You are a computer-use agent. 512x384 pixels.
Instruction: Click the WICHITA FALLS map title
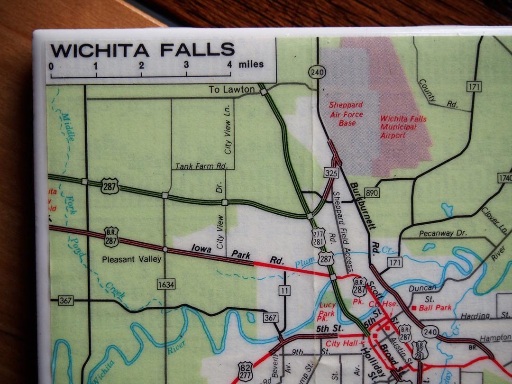point(142,50)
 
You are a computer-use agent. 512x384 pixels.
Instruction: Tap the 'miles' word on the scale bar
point(251,64)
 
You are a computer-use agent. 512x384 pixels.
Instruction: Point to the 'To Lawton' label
point(232,89)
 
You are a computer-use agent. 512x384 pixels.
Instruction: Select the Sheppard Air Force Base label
point(347,114)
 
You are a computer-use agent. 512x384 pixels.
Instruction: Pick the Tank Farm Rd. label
point(202,166)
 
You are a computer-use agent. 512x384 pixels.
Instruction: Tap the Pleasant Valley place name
point(132,259)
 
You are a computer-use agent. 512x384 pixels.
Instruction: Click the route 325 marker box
point(332,173)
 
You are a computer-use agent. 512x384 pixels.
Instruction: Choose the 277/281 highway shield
point(319,237)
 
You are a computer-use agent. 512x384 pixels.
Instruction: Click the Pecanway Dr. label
point(443,233)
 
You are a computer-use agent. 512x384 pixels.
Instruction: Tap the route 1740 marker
point(504,178)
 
